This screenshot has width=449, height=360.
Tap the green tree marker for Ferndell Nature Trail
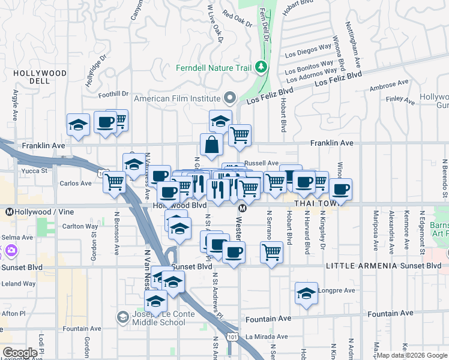coord(261,67)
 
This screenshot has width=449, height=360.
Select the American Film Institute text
coord(177,98)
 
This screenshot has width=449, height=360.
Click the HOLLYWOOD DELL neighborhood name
coord(40,77)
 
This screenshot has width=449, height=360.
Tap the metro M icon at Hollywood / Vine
coord(10,212)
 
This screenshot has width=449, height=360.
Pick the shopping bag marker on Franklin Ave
coord(211,145)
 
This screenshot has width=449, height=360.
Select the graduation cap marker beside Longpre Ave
coord(306,293)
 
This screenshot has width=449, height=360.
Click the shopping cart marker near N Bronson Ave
coord(114,181)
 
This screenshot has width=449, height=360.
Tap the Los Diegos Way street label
coord(308,53)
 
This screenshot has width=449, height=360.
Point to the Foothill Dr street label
coord(113,94)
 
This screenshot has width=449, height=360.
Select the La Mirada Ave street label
coord(263,337)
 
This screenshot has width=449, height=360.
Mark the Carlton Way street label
coord(80,226)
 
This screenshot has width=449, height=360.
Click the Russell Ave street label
coord(262,163)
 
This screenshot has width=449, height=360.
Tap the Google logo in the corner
coord(19,353)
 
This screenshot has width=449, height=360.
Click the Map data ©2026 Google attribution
coord(412,355)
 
